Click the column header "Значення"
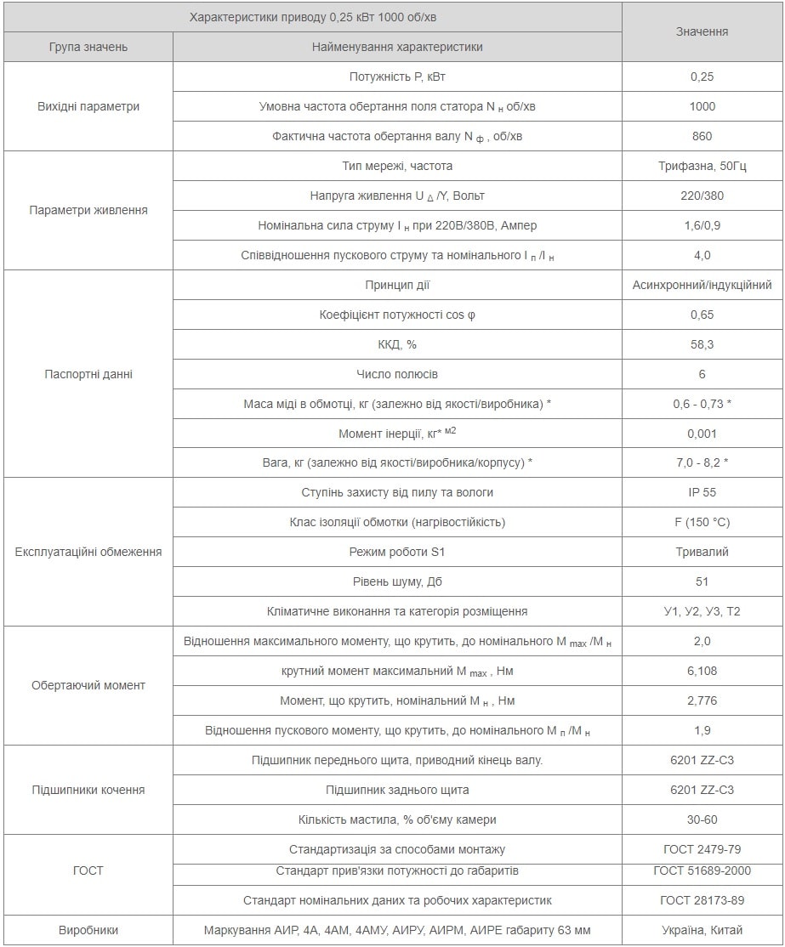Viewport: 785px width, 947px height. [x=702, y=31]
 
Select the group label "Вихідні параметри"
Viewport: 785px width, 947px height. [x=88, y=106]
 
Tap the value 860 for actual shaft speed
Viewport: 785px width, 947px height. [x=702, y=136]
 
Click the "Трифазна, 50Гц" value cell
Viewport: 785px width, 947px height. [x=702, y=166]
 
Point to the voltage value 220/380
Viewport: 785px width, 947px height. [x=702, y=196]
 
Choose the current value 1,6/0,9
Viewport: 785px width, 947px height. [x=702, y=225]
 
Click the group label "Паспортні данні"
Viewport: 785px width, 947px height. [x=88, y=374]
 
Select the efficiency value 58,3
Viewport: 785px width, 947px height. [x=702, y=344]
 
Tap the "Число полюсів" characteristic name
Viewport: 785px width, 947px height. [x=397, y=374]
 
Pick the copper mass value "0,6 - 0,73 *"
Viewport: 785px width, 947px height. [x=702, y=404]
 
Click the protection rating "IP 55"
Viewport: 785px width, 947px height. [x=702, y=492]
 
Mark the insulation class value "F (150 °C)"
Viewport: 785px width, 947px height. [x=702, y=522]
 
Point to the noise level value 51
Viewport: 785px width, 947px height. [x=702, y=581]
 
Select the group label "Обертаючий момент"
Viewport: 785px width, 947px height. [x=88, y=685]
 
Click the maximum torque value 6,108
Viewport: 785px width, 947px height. [x=702, y=671]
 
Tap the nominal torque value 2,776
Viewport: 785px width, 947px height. [x=702, y=700]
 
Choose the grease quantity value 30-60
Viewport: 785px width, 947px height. [x=702, y=819]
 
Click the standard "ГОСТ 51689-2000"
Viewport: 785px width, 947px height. [x=702, y=870]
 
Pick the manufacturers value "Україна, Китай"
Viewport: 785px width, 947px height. [x=702, y=930]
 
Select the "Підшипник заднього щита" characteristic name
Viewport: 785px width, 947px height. [x=397, y=790]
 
